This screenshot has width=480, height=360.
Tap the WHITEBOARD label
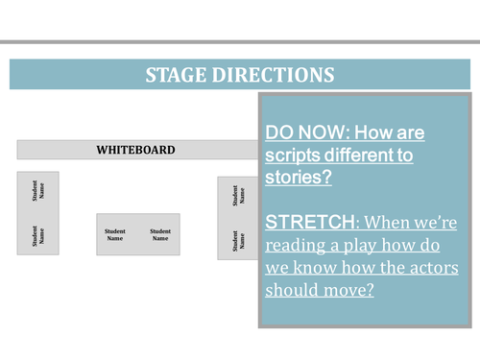click(136, 150)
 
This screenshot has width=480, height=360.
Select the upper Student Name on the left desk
click(38, 192)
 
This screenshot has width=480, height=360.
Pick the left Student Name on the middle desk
click(116, 233)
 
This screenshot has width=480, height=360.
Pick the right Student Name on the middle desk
click(160, 233)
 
